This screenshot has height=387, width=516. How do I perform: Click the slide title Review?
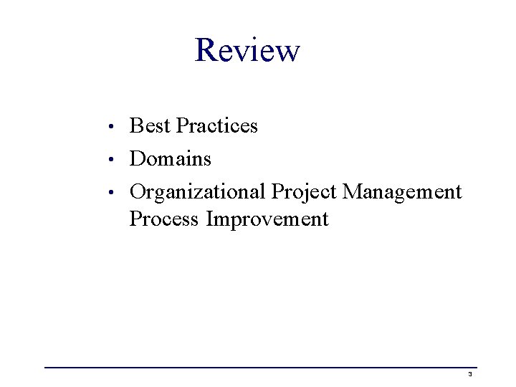pos(247,50)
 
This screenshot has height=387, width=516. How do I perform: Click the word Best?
pos(150,126)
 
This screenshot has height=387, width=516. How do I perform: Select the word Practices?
pos(216,126)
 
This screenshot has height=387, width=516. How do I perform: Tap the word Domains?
pos(171,158)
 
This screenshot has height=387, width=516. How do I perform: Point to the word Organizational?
pos(198,192)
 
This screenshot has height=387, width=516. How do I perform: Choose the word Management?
pos(402,192)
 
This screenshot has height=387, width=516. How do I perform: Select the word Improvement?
pos(267,219)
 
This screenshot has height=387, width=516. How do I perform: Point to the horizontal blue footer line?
pos(258,368)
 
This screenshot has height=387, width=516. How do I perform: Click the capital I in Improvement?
pos(210,219)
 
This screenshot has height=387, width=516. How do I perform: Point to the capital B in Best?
pos(135,126)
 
